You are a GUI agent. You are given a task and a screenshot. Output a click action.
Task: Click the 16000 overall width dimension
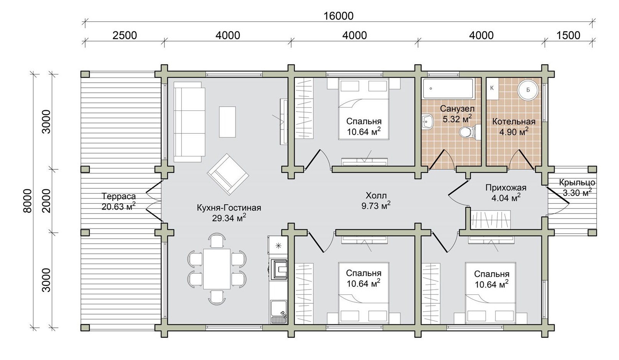pos(338,16)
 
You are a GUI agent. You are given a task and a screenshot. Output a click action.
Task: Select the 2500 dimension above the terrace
pos(125,35)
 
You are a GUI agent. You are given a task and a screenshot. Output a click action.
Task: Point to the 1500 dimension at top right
pos(568,35)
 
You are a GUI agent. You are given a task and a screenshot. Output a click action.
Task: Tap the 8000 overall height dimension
pos(28,201)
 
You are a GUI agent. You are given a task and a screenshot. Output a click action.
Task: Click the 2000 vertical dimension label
pos(46,201)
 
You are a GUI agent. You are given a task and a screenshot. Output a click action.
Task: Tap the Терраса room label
pos(119,196)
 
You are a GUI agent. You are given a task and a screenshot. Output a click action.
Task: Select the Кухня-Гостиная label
pos(229,207)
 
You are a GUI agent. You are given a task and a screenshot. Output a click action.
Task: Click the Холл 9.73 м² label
pos(376,201)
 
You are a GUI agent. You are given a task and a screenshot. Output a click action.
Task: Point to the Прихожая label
pos(506,188)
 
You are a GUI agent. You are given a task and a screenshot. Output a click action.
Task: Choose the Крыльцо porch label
pos(577,182)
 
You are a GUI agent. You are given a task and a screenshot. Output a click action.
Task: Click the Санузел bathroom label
pos(457,108)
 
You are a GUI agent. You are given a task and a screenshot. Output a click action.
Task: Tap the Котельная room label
pos(514,122)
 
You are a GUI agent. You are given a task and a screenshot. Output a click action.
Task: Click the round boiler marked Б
pos(528,90)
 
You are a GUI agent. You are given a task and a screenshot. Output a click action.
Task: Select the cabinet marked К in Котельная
pos(492,88)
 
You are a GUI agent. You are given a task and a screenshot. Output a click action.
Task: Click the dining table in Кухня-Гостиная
pos(217,269)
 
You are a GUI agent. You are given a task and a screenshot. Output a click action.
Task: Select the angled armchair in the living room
pos(228,174)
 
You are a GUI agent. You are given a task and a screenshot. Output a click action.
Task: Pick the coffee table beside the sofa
pos(227,122)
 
